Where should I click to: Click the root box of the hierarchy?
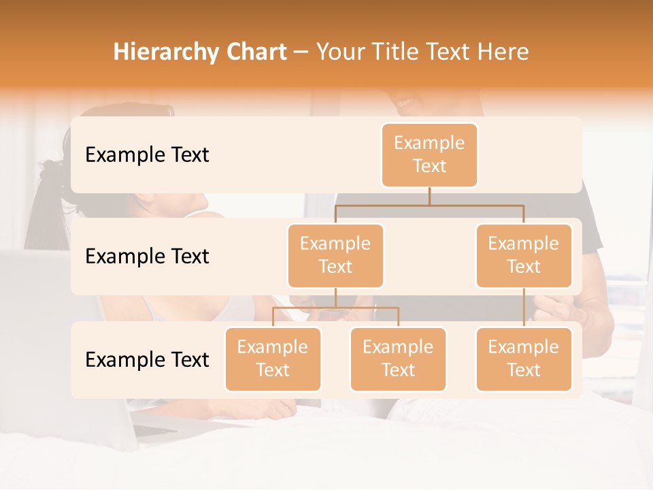pyautogui.click(x=429, y=154)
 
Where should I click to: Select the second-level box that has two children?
pyautogui.click(x=335, y=255)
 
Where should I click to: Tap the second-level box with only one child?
pyautogui.click(x=524, y=255)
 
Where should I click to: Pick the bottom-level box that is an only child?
pyautogui.click(x=524, y=359)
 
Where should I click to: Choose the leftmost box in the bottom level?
pyautogui.click(x=273, y=359)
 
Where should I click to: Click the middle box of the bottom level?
pyautogui.click(x=398, y=359)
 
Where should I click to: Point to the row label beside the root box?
pyautogui.click(x=147, y=155)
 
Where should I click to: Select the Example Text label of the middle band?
pyautogui.click(x=147, y=257)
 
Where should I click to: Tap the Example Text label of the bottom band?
pyautogui.click(x=147, y=359)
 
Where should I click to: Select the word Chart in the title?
pyautogui.click(x=257, y=52)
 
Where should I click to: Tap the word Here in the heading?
pyautogui.click(x=503, y=52)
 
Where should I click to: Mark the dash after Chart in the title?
pyautogui.click(x=302, y=52)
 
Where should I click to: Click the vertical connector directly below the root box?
pyautogui.click(x=429, y=196)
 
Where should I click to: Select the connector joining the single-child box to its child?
pyautogui.click(x=524, y=308)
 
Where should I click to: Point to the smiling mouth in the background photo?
pyautogui.click(x=406, y=103)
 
